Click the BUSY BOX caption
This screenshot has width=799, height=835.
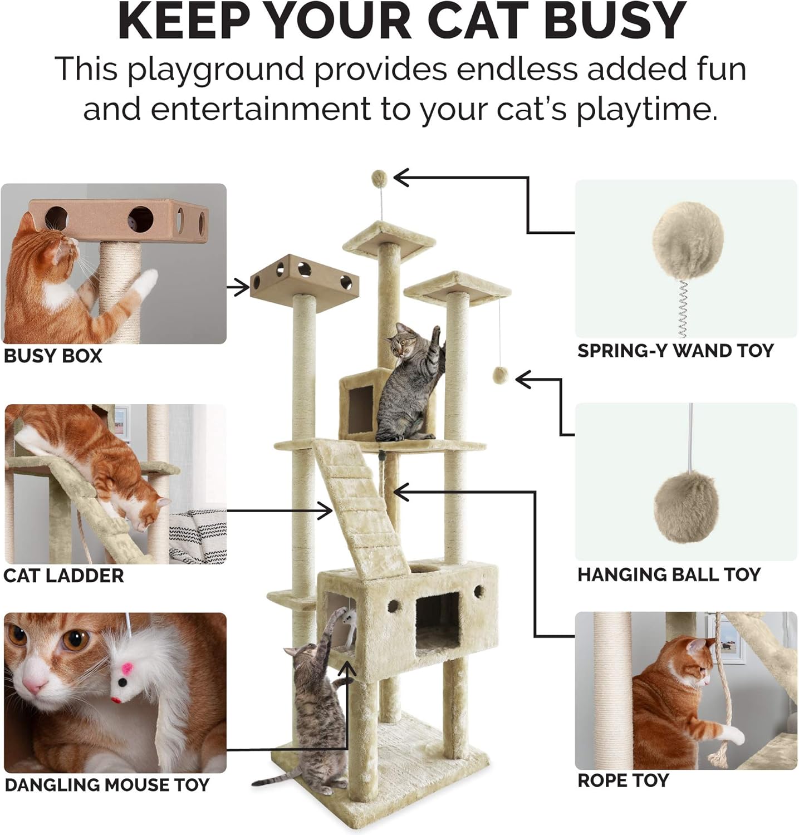53,356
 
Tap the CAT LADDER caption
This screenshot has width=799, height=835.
63,576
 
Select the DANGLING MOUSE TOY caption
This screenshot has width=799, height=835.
107,785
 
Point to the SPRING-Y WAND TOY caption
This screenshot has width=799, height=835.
675,351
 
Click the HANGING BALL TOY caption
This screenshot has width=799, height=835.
669,574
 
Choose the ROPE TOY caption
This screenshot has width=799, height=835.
622,780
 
